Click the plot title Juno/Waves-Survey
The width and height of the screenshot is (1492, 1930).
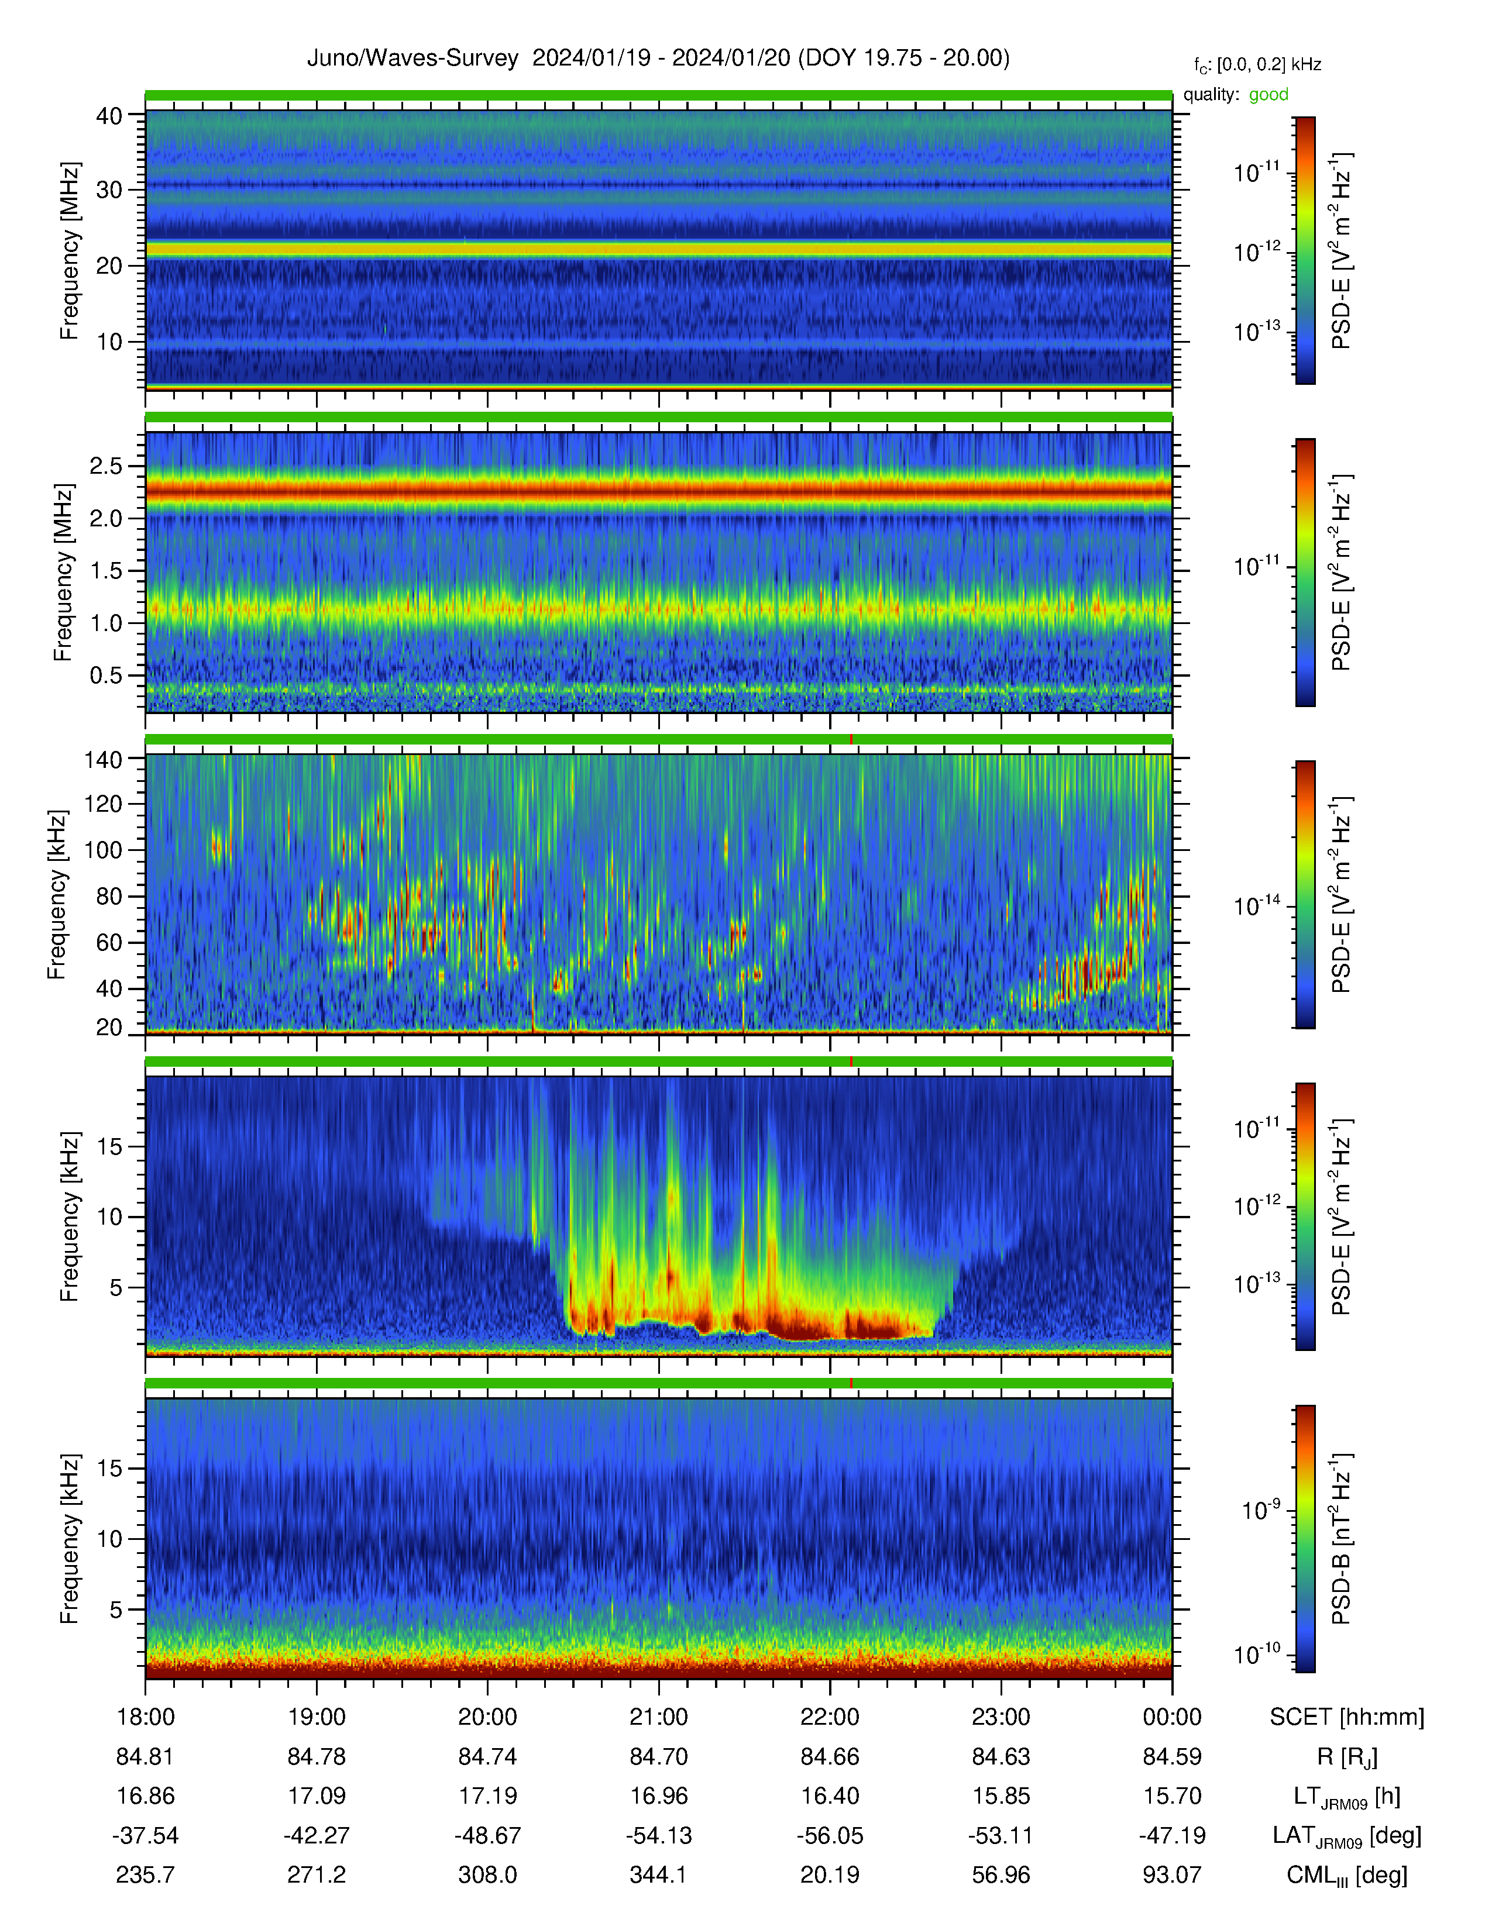point(412,58)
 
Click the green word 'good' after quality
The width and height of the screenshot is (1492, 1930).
point(1268,95)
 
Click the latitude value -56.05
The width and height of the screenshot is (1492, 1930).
point(830,1835)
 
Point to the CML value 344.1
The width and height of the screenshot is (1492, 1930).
point(658,1874)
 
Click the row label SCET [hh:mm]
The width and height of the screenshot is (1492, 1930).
point(1347,1717)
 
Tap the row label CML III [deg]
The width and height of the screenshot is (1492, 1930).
point(1347,1875)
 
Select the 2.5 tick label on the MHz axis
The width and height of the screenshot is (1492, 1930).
point(106,466)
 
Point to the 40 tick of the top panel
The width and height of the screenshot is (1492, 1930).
point(109,116)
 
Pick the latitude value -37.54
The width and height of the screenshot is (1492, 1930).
point(146,1835)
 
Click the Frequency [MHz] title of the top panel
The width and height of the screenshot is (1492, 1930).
point(69,251)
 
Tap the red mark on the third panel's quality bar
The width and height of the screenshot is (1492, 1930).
point(851,739)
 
